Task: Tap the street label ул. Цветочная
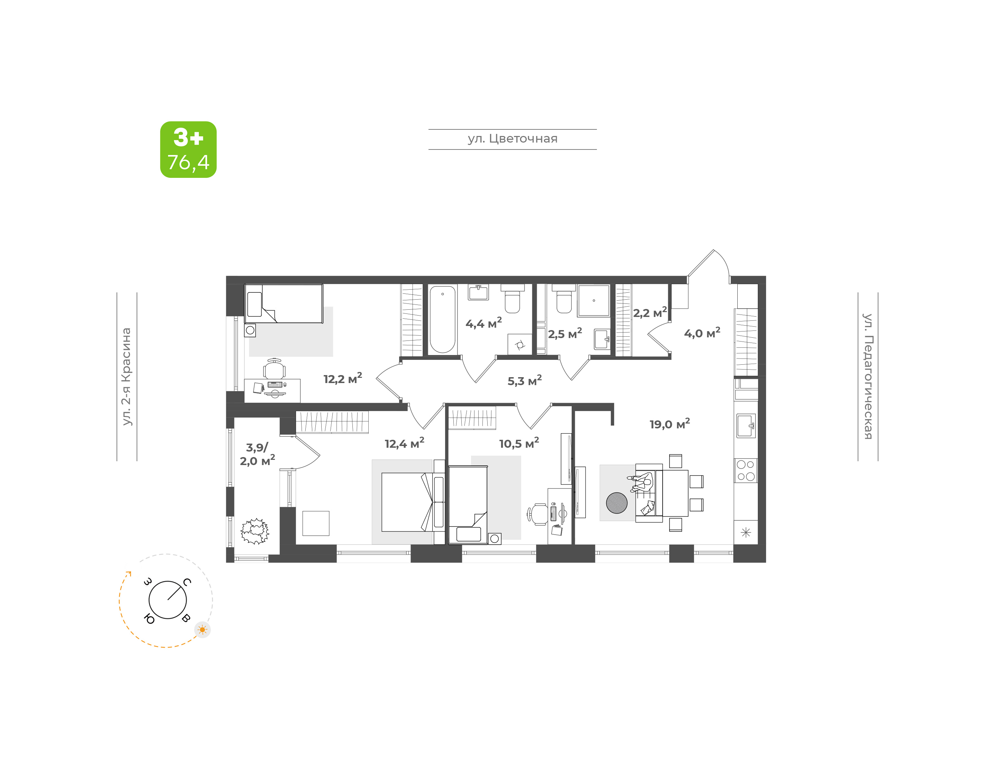click(x=513, y=139)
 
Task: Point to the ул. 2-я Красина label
click(x=126, y=376)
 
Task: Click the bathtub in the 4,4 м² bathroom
click(x=442, y=319)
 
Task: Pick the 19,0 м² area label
click(x=669, y=424)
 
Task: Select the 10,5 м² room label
click(x=519, y=443)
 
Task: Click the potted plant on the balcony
click(x=255, y=531)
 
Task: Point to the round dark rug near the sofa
click(x=616, y=503)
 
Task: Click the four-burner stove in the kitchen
click(x=746, y=471)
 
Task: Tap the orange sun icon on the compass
click(x=202, y=629)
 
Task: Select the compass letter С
click(x=187, y=582)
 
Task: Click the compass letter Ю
click(x=149, y=619)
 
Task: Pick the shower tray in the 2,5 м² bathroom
click(x=593, y=300)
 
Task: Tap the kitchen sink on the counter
click(x=746, y=425)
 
